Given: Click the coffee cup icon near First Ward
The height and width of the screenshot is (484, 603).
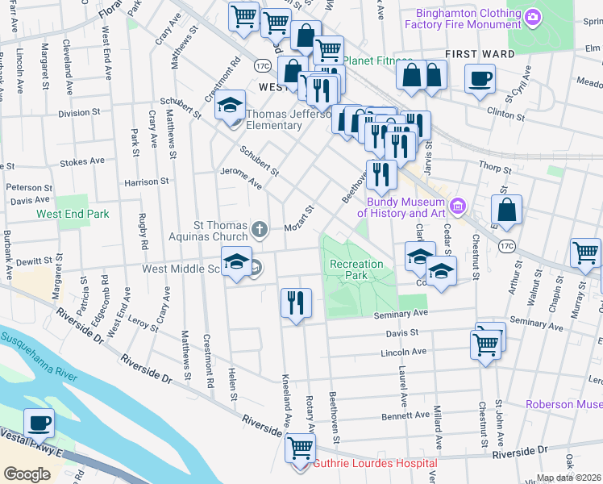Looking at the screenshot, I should click(x=480, y=80).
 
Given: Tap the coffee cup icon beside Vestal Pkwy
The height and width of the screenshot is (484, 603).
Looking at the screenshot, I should click(x=38, y=422).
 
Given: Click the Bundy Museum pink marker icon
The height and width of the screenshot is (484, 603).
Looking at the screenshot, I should click(x=458, y=207).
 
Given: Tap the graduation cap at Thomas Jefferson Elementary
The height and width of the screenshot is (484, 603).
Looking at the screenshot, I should click(x=230, y=106).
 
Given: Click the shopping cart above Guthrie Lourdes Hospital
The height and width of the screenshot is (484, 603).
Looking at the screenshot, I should click(x=300, y=446).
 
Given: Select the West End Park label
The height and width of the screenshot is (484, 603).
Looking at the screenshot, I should click(x=73, y=214).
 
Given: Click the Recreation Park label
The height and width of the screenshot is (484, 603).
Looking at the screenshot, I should click(x=356, y=269).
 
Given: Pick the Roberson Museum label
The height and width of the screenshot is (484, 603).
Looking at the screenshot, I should click(x=563, y=404).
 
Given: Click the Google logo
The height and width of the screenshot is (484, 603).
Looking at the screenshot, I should click(x=27, y=474).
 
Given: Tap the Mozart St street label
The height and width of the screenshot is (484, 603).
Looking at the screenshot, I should click(x=299, y=221).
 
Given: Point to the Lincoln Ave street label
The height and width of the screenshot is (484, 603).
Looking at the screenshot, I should click(x=403, y=353).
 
